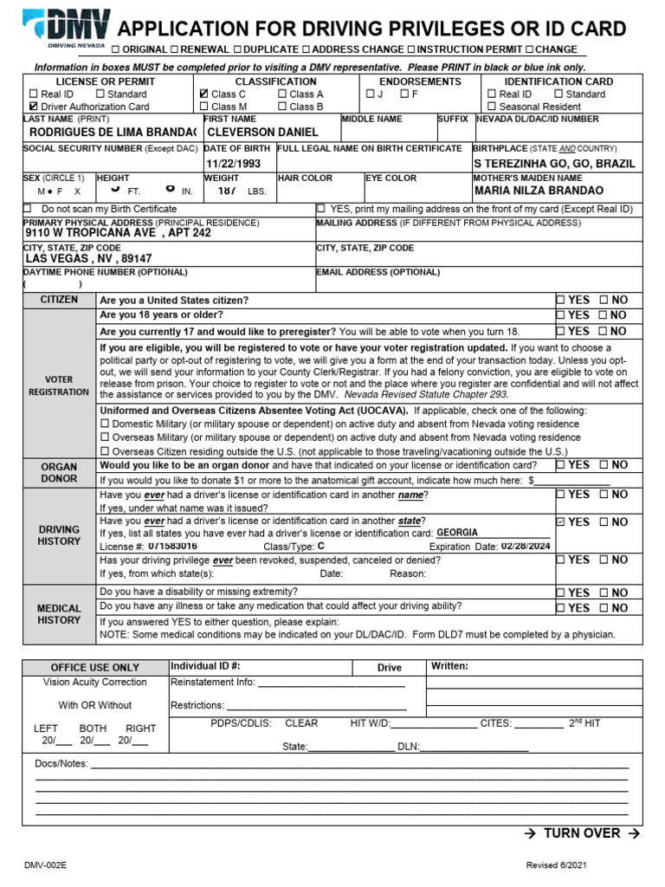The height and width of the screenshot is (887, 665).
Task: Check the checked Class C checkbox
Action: pyautogui.click(x=203, y=94)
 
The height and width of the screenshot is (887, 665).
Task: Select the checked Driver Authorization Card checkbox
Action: pyautogui.click(x=34, y=107)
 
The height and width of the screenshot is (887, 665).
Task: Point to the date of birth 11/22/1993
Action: pyautogui.click(x=233, y=163)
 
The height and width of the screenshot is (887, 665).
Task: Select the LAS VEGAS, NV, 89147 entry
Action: pyautogui.click(x=88, y=258)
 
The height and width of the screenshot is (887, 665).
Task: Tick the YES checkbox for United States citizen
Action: pyautogui.click(x=560, y=300)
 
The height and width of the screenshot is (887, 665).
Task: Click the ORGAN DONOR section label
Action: pyautogui.click(x=59, y=472)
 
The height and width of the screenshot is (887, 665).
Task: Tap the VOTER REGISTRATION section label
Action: pyautogui.click(x=59, y=385)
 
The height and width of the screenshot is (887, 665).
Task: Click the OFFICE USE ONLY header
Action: pyautogui.click(x=94, y=668)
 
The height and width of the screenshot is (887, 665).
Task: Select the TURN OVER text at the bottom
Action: pyautogui.click(x=582, y=833)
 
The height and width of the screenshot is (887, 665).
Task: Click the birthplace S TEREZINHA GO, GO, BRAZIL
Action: pyautogui.click(x=554, y=163)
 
